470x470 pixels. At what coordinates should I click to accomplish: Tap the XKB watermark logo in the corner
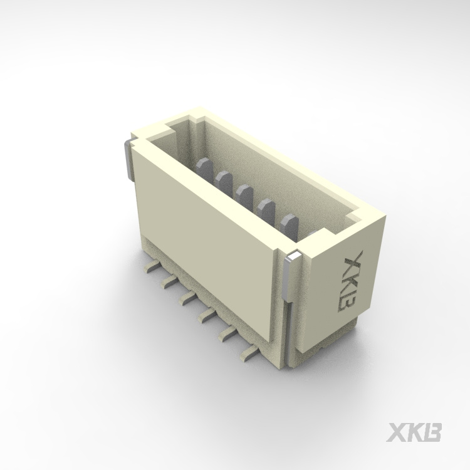point(414,432)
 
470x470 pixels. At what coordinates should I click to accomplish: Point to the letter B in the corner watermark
point(432,432)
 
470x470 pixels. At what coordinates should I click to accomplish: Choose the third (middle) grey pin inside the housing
point(244,196)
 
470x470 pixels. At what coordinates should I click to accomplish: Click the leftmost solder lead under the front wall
point(152,266)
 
